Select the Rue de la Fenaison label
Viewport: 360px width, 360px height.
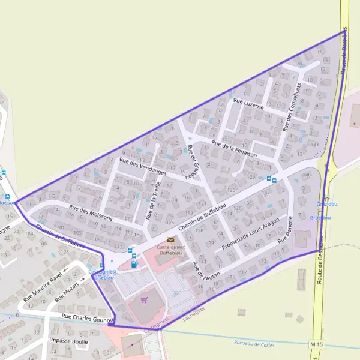[x=234, y=147]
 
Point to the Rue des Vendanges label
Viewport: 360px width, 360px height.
[x=142, y=166]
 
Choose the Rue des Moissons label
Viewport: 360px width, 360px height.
[x=91, y=213]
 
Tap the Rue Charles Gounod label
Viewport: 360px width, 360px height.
[x=88, y=318]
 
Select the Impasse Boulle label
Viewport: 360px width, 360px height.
[x=68, y=341]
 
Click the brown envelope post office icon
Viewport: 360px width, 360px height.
[x=171, y=240]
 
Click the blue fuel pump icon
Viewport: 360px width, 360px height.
[x=134, y=264]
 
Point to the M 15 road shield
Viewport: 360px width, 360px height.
[x=316, y=343]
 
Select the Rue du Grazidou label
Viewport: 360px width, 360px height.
[x=191, y=162]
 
